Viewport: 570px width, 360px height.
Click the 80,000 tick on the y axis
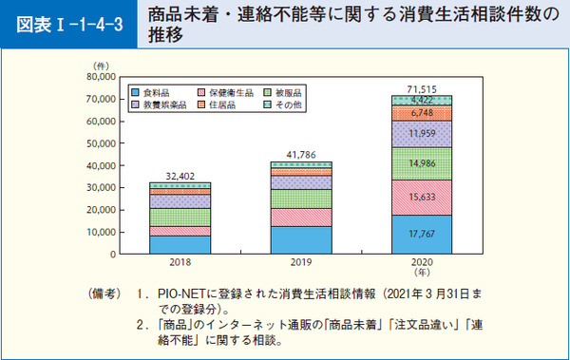point(99,76)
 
